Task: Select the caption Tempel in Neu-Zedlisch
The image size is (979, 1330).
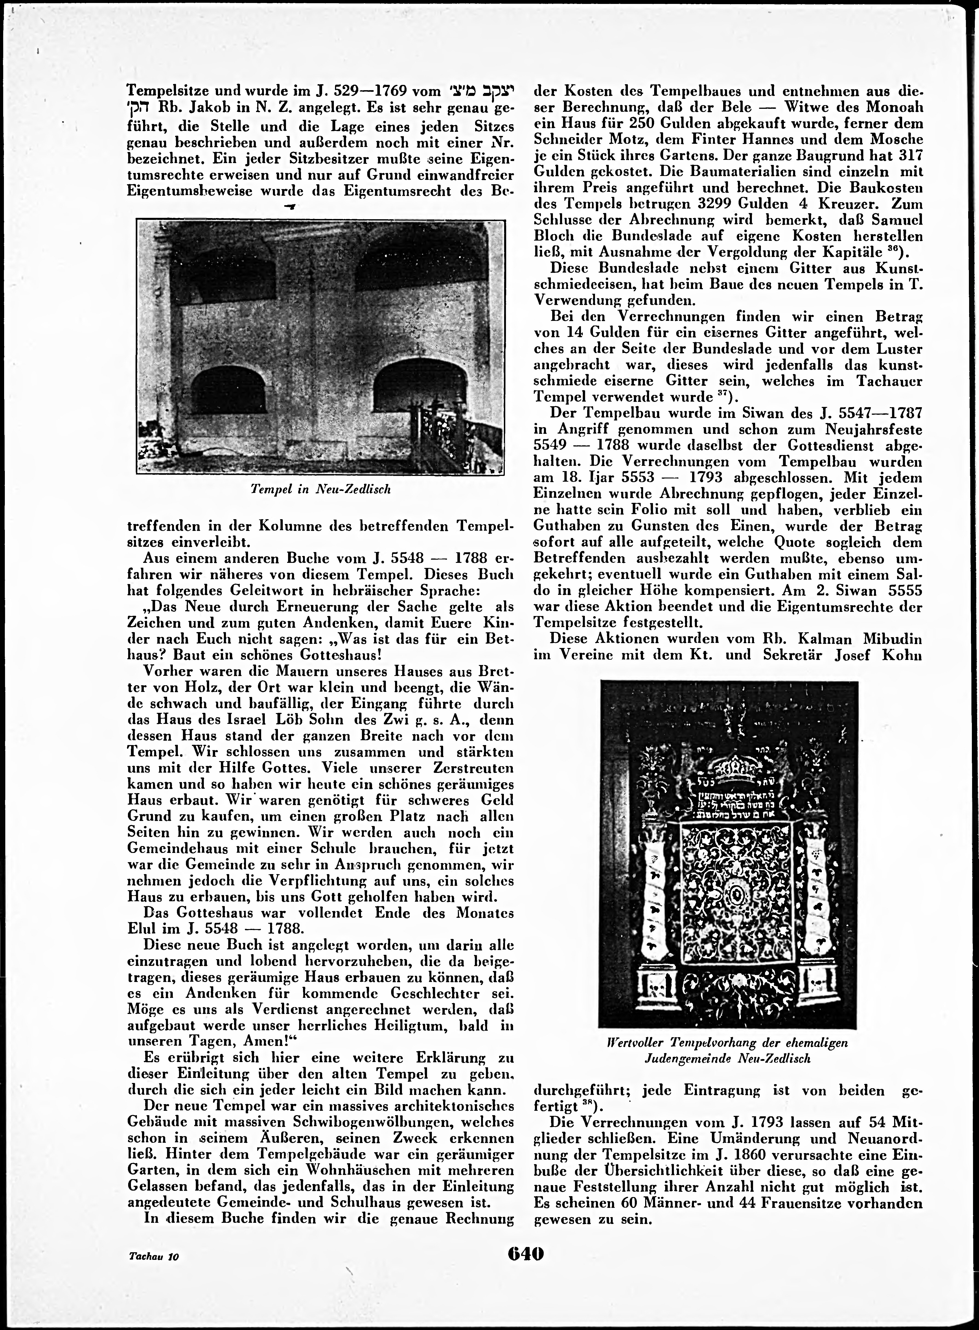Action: click(x=321, y=490)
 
